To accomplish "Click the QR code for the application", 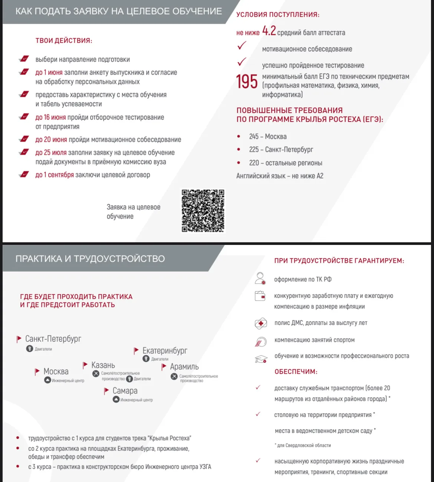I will click(203, 211).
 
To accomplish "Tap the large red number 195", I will click(247, 82).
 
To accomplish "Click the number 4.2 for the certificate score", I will click(269, 31).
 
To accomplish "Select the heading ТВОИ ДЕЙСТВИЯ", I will click(64, 40).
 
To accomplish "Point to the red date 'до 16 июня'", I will click(50, 117).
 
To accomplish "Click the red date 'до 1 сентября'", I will click(55, 175).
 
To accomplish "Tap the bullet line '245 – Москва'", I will click(268, 137).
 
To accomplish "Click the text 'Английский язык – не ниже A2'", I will click(280, 176).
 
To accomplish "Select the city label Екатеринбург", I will click(165, 351).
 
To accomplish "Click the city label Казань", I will click(103, 365).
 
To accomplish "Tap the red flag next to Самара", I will click(106, 391).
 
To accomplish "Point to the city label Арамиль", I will click(184, 367).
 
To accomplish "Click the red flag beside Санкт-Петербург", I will click(19, 339).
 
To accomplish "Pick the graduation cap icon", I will click(261, 359).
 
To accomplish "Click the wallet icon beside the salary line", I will click(260, 296).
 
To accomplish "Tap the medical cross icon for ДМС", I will click(261, 323).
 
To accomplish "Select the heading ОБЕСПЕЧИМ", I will click(296, 371).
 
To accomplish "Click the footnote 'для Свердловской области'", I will click(303, 445).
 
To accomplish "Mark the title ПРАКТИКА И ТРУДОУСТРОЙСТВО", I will click(90, 259).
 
